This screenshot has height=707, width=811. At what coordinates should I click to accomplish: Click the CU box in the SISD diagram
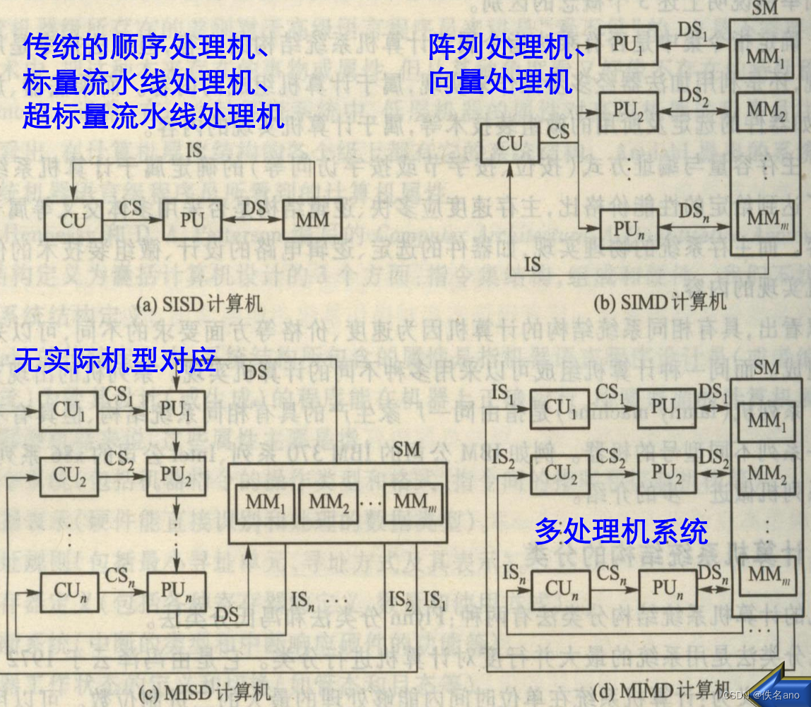pos(72,220)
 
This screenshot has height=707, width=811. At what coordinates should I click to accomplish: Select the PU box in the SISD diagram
pos(192,220)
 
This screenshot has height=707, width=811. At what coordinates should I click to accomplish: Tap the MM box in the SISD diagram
pos(312,220)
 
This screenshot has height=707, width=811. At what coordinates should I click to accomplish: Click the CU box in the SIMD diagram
pos(510,144)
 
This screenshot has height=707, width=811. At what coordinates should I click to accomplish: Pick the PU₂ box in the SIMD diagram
pos(628,109)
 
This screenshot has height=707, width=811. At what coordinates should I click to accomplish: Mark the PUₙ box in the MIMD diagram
pos(668,588)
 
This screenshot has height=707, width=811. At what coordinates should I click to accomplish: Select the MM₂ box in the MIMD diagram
pos(766,473)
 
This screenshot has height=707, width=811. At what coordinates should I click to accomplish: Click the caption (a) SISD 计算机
pos(199,304)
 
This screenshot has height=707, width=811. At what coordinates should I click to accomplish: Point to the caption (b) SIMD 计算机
pos(660,303)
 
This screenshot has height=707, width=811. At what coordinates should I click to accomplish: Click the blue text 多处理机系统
pos(621,531)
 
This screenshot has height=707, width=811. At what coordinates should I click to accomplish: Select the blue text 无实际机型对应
pos(115,362)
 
